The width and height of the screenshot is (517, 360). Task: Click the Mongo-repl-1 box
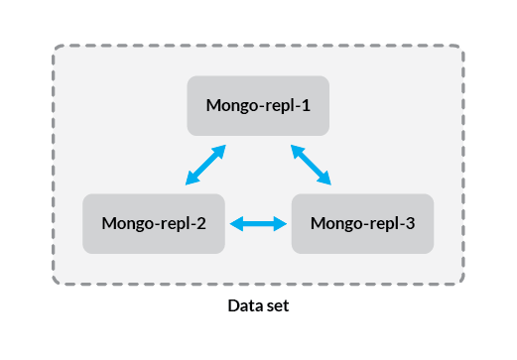pos(258,105)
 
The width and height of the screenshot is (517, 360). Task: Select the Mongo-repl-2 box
pos(154,223)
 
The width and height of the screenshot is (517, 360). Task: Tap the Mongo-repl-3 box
pos(361,223)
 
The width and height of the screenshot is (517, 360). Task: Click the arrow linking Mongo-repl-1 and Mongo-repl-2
pos(205,165)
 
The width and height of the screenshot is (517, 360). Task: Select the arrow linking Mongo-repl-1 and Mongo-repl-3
pos(311,165)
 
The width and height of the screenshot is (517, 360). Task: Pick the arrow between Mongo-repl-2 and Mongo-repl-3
pos(258,224)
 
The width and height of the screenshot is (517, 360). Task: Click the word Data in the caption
pos(243,306)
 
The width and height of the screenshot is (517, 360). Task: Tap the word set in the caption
pos(277,306)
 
